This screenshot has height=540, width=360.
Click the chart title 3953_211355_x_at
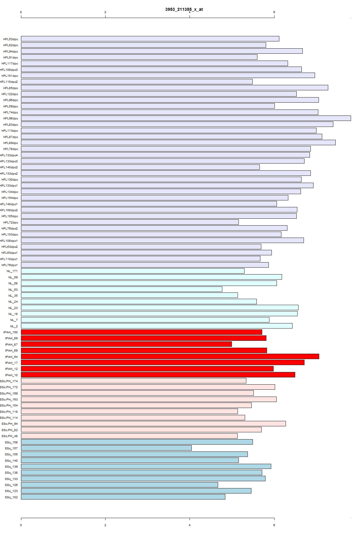coord(184,9)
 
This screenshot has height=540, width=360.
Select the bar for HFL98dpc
coord(186,118)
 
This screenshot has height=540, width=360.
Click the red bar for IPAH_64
coord(170,356)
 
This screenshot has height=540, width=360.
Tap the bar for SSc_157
coord(106,448)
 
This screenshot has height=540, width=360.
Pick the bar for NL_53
coord(121,289)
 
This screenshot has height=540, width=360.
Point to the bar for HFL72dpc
coord(130,222)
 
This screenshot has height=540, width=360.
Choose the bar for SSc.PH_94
coord(153,424)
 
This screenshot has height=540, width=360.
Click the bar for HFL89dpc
coord(178,142)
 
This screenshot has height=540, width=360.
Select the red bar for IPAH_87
coord(126,344)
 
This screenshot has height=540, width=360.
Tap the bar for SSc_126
coord(119,485)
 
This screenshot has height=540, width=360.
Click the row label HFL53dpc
coord(10,39)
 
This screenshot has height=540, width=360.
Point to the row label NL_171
coord(12,271)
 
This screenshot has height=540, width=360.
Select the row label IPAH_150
coord(10,332)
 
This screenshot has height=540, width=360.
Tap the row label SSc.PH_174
coord(9,381)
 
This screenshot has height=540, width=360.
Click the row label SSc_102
coord(11,497)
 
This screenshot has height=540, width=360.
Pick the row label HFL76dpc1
coord(10,265)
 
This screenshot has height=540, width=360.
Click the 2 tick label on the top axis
coord(105,12)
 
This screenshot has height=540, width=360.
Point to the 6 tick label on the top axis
coord(274,12)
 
